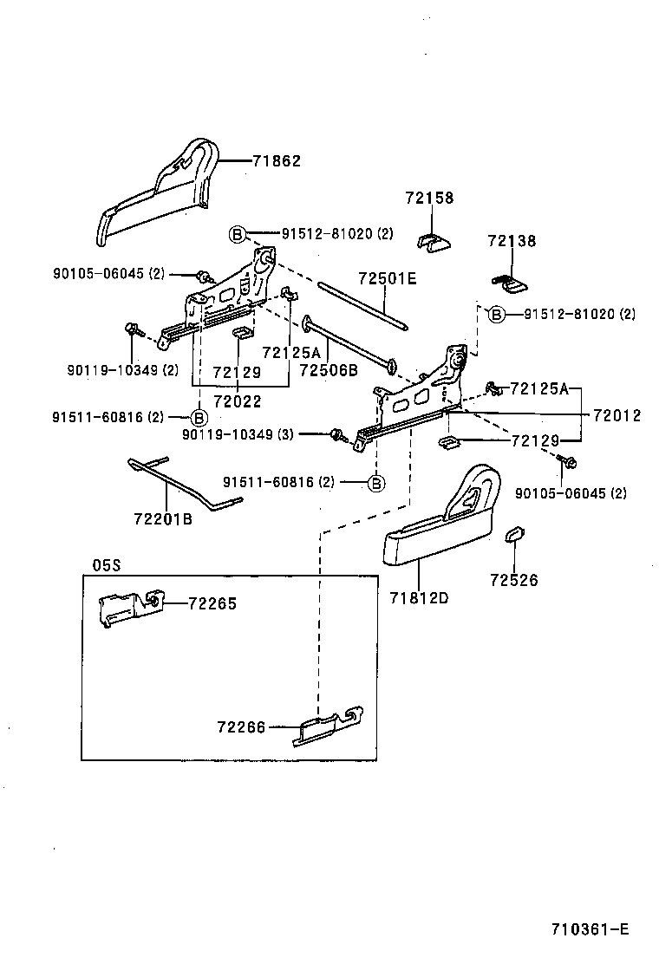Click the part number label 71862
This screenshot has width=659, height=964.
point(277,160)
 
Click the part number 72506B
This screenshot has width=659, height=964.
point(329,370)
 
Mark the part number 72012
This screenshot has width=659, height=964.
point(617,415)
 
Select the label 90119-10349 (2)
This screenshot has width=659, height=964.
point(122,370)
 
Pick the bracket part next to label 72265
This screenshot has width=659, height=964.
point(128,606)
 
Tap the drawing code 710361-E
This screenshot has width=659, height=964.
point(590,929)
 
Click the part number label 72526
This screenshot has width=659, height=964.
point(513,580)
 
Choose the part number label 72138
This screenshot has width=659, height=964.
point(512,241)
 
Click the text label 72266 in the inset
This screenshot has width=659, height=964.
point(241,727)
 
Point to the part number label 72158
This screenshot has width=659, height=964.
point(429,199)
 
